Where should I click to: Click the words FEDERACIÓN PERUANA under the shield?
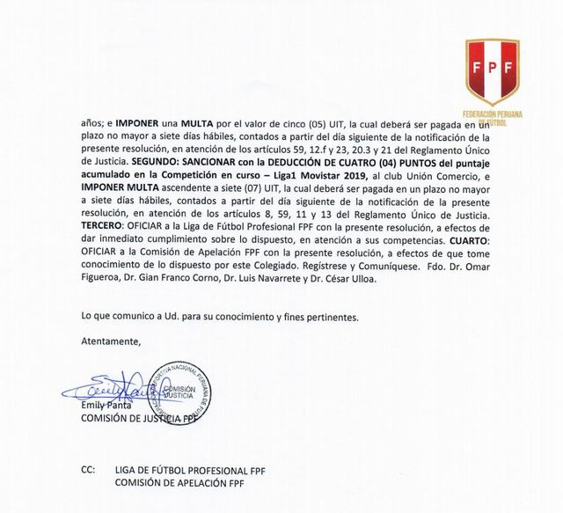tap(490, 114)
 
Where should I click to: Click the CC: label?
tap(87, 471)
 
